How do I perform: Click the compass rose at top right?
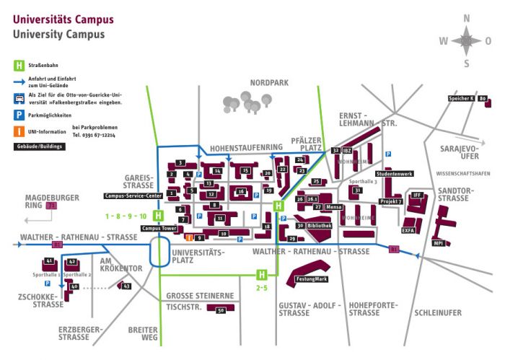click(466, 40)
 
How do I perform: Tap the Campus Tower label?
click(159, 229)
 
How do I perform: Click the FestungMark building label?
click(311, 279)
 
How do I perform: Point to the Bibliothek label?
click(320, 226)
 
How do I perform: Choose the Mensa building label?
click(333, 207)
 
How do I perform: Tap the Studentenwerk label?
click(394, 174)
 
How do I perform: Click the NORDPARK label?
click(269, 83)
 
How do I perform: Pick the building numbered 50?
click(221, 309)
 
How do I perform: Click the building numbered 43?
click(126, 286)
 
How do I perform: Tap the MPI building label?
click(437, 243)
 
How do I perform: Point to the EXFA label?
click(408, 231)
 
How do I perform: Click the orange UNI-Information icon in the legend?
click(17, 131)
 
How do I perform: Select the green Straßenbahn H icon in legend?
click(17, 66)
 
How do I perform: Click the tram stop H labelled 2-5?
click(263, 274)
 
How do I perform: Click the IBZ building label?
click(346, 150)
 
